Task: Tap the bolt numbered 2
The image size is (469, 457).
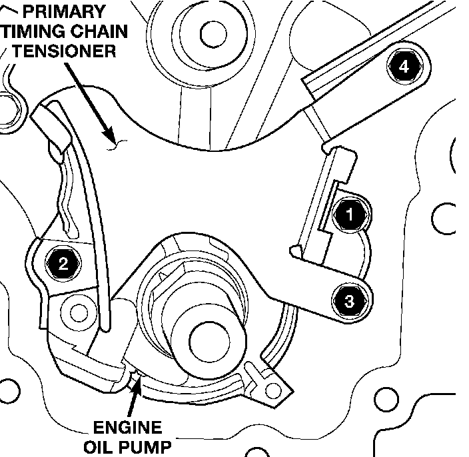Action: pyautogui.click(x=63, y=264)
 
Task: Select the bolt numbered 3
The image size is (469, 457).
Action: pyautogui.click(x=350, y=301)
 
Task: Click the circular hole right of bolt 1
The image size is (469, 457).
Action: pyautogui.click(x=442, y=217)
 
